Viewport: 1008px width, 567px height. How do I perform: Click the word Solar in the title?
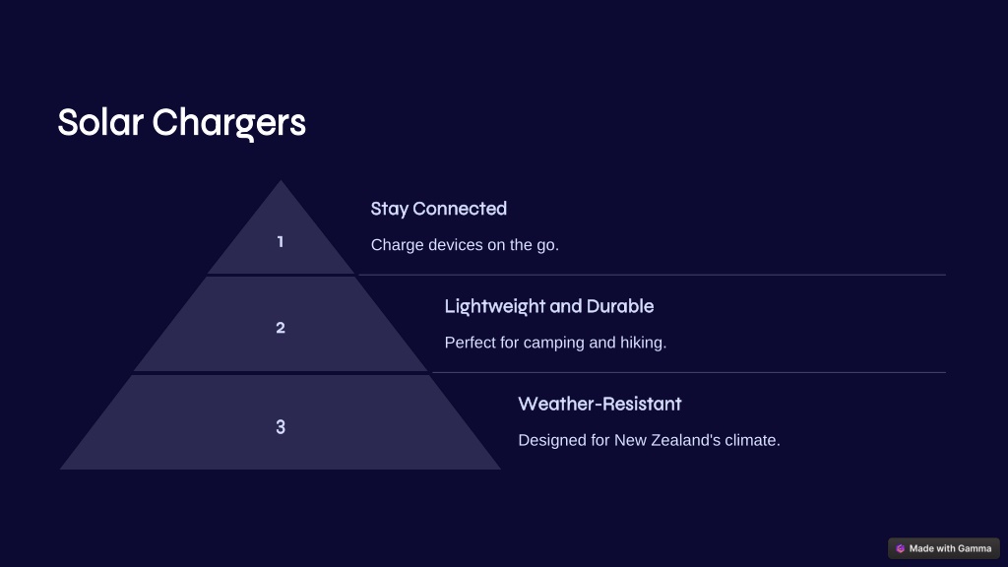tap(100, 122)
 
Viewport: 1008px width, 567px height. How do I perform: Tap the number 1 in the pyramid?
tap(281, 242)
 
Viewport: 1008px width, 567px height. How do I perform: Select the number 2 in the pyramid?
tap(281, 328)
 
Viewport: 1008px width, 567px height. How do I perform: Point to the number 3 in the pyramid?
tap(281, 427)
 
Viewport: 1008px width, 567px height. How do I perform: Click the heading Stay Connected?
tap(438, 209)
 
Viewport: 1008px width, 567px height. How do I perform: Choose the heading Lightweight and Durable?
tap(549, 307)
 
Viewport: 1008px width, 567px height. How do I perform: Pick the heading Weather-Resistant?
tap(599, 404)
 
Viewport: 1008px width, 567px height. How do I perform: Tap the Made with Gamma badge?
tap(944, 548)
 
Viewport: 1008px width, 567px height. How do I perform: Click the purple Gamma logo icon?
tap(900, 548)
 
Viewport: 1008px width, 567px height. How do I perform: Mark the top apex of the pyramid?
tap(281, 181)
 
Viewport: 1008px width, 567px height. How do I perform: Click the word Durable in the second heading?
tap(620, 306)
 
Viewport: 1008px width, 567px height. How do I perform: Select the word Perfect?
tap(470, 343)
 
